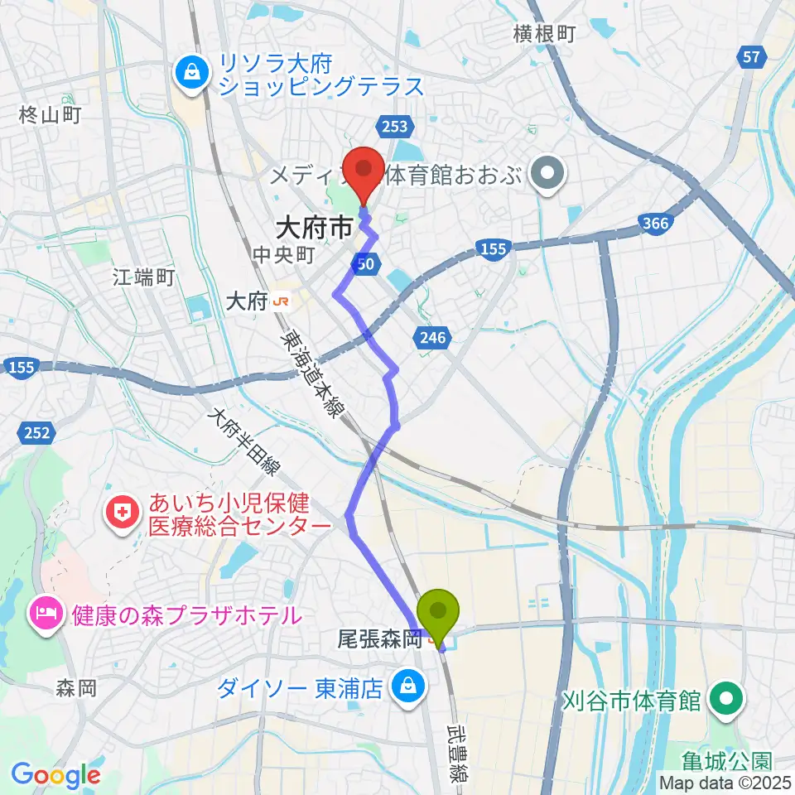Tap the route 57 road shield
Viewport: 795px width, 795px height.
point(751,56)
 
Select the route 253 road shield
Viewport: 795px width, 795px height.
point(394,125)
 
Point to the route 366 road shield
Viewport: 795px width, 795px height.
point(655,222)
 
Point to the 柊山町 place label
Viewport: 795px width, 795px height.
point(50,115)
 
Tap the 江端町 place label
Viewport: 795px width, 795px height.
point(143,278)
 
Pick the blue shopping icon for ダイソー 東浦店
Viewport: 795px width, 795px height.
point(407,687)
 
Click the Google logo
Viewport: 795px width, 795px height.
point(55,775)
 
